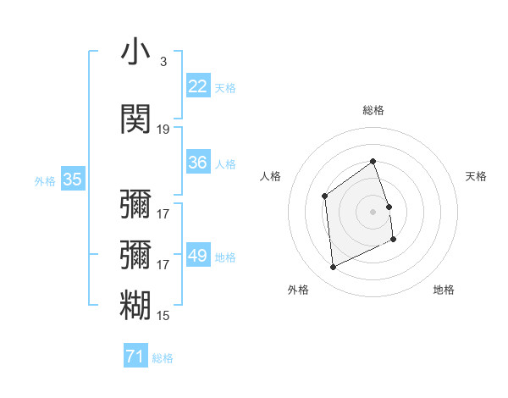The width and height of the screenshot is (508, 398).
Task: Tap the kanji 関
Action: pos(135,119)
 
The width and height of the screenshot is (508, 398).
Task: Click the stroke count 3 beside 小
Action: pos(163,62)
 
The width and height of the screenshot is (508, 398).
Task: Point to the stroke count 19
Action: pos(163,130)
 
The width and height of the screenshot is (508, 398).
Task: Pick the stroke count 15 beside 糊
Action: pos(163,316)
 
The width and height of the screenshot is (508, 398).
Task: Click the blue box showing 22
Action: pos(198,86)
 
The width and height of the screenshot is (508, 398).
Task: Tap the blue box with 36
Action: pos(198,163)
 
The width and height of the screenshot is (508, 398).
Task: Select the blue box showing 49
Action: pos(198,256)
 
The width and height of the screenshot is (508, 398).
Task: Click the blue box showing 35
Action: pos(73,180)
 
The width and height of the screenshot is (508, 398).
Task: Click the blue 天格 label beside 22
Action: pos(225,87)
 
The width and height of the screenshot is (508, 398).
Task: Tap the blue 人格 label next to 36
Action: pos(225,163)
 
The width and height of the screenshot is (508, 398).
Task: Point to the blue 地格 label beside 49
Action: pos(225,257)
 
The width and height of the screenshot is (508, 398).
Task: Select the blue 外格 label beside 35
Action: pos(45,180)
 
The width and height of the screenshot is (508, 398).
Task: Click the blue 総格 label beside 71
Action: pos(163,358)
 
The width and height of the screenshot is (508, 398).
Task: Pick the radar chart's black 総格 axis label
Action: pos(373,110)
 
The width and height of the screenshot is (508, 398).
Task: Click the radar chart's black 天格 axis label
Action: pos(477,176)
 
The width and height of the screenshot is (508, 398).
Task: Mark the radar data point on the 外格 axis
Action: pos(333,268)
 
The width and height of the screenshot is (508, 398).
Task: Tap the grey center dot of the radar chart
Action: pos(373,211)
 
